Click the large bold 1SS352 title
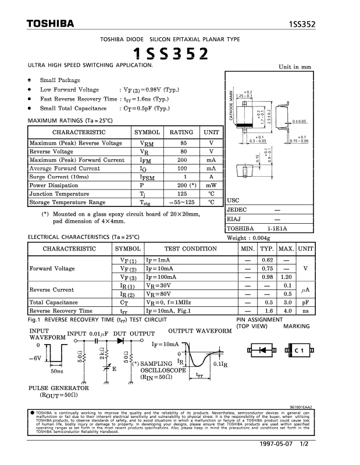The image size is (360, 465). (x=170, y=54)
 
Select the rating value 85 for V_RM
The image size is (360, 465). (x=183, y=142)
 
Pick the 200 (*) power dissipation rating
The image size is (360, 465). (x=183, y=185)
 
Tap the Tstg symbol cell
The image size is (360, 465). (x=147, y=203)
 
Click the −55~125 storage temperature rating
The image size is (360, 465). (x=183, y=203)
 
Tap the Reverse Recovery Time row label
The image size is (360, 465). (x=60, y=311)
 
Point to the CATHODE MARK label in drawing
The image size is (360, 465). (x=231, y=108)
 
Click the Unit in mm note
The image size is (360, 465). (x=295, y=67)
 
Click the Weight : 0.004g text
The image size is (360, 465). (x=251, y=238)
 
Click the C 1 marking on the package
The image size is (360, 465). (x=300, y=350)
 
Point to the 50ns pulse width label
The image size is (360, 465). (x=57, y=370)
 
